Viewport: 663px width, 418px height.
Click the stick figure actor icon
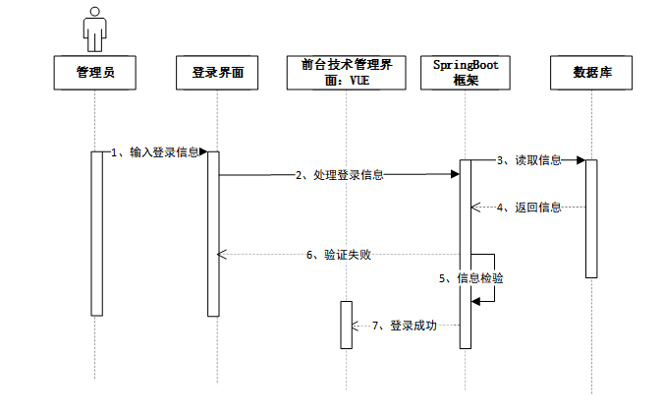click(94, 29)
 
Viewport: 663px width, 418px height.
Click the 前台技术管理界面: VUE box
click(346, 73)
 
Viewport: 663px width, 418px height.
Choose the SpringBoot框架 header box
click(466, 73)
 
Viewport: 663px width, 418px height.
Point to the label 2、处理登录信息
click(339, 175)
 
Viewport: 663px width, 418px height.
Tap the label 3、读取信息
click(528, 159)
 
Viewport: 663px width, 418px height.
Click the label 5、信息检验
click(470, 278)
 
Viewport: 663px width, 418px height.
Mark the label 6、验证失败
click(339, 255)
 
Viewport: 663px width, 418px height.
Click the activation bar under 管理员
click(96, 233)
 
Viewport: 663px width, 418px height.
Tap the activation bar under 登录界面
click(212, 233)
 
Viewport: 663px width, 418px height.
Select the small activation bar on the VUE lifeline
click(346, 324)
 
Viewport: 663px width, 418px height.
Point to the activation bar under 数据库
click(591, 218)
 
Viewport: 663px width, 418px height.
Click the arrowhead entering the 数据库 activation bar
click(580, 159)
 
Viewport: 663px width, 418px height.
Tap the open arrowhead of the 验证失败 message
click(222, 255)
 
